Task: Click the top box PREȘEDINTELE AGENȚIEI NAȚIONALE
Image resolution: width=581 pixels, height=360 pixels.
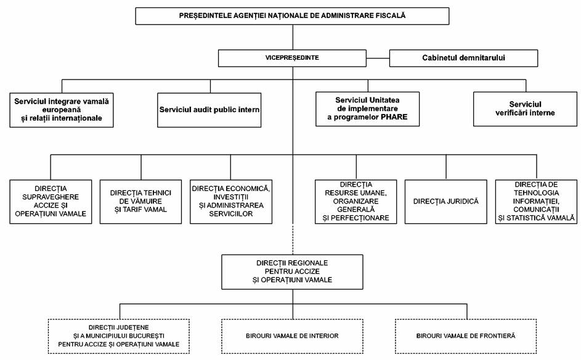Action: coord(293,16)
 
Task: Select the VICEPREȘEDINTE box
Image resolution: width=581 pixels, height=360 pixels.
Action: coord(293,58)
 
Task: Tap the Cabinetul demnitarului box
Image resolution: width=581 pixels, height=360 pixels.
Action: coord(463,58)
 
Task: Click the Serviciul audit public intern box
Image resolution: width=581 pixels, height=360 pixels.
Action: coord(209,110)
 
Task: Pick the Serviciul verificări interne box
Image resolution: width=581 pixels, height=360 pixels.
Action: coord(525,109)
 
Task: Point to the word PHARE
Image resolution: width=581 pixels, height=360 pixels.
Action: coord(394,117)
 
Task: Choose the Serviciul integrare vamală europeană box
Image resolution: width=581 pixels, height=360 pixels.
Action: coord(62,110)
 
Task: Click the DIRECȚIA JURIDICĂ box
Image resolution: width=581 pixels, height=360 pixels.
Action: coord(445,202)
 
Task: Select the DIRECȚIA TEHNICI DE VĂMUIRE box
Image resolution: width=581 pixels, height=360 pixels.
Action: coord(141,202)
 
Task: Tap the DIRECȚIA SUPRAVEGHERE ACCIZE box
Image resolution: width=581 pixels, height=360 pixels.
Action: coord(51,202)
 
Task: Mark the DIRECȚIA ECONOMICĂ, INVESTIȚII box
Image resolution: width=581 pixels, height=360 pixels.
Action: coord(231,202)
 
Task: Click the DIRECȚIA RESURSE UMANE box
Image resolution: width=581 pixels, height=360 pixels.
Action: coord(356,202)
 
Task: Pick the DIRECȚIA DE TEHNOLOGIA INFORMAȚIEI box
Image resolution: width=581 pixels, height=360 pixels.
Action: coord(536,202)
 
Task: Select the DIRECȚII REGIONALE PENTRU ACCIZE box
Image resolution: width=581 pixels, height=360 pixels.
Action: coord(293,272)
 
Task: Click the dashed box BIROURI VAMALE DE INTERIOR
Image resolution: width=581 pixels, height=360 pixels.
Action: coord(293,337)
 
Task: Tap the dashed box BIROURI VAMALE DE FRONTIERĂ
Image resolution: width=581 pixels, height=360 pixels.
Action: coord(466,337)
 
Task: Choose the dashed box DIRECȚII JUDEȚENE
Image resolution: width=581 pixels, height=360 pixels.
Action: coord(118,337)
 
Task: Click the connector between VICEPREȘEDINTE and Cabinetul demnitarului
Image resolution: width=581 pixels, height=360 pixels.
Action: coord(378,58)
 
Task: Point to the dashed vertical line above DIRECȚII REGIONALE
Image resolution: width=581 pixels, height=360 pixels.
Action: coord(293,239)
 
